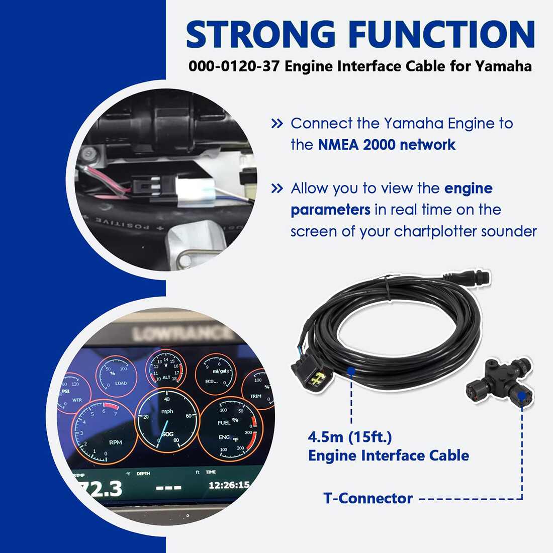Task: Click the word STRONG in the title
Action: click(260, 35)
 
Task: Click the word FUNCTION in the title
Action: click(441, 35)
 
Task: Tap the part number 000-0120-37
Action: click(234, 66)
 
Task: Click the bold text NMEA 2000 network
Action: click(387, 145)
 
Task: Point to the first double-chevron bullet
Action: click(277, 124)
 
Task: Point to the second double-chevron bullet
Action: click(277, 189)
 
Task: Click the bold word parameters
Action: click(330, 210)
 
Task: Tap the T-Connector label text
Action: click(368, 498)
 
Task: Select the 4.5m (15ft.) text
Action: click(349, 437)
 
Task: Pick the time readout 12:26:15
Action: click(229, 485)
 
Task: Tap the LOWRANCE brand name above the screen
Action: click(181, 333)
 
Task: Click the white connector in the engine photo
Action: click(191, 192)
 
